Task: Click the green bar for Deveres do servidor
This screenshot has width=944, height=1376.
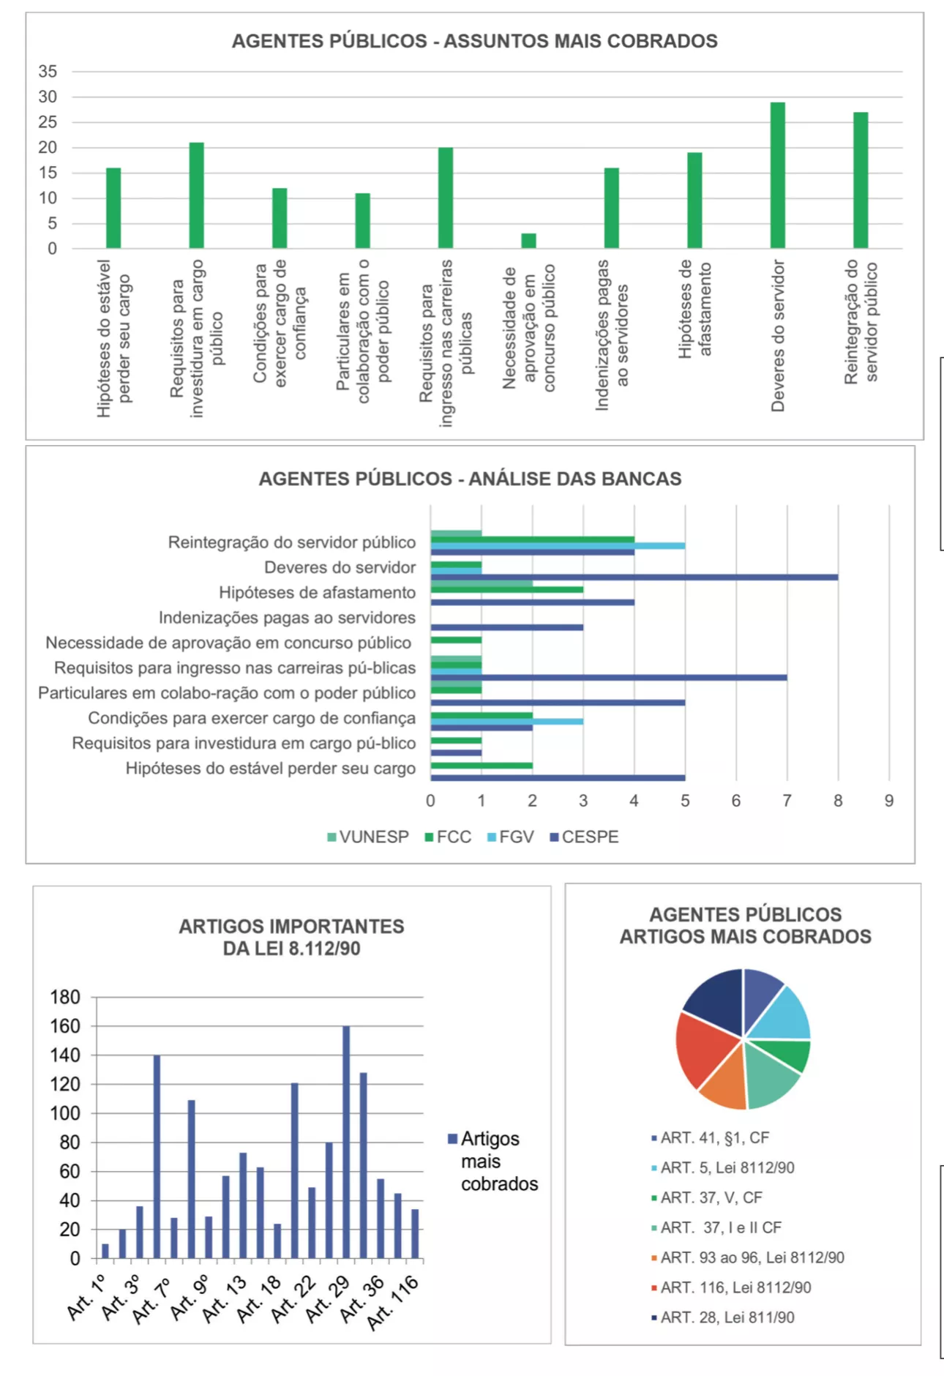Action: (777, 176)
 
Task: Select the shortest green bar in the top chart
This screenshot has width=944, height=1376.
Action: (528, 241)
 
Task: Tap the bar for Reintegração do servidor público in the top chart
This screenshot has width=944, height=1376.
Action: (861, 180)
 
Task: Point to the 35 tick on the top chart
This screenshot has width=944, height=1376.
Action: (48, 72)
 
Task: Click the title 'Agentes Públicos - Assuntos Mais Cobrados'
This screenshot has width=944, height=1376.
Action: (474, 41)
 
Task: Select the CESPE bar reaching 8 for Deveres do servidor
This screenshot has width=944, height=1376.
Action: (634, 577)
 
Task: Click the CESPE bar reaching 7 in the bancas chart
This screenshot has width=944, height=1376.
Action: (609, 678)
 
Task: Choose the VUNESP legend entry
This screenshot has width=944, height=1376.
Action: (368, 837)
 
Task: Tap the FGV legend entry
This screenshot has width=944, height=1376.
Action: (510, 837)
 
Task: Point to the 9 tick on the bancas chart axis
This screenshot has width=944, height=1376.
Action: (888, 801)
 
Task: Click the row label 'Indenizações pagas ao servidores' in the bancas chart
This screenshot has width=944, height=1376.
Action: (287, 618)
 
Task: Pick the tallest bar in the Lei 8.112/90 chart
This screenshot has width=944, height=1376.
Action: (346, 1142)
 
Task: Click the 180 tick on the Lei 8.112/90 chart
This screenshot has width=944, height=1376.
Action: (65, 998)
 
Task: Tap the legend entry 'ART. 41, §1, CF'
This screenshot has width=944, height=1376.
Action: (714, 1137)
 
